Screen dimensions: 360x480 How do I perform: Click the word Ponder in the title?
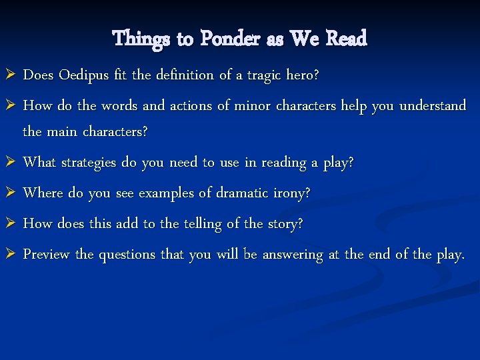tap(229, 39)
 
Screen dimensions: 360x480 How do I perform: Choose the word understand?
tap(433, 106)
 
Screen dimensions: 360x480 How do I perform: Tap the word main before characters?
tap(63, 131)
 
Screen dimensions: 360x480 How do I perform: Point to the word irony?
tap(292, 193)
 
